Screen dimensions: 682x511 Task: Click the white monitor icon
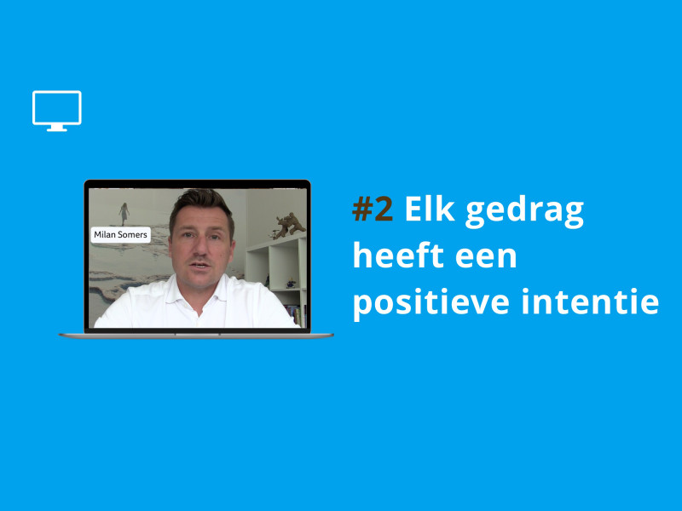57,111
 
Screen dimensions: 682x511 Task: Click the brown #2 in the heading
373,209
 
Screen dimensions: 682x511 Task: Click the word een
486,258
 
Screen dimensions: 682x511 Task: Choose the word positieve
431,303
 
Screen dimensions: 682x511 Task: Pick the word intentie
590,301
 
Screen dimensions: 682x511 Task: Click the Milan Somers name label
121,235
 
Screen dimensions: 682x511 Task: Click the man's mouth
200,265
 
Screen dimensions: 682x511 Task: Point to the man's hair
202,207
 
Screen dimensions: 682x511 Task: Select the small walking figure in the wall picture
124,214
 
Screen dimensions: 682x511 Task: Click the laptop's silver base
196,336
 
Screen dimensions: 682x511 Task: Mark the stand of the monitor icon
57,129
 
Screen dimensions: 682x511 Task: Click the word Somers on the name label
133,235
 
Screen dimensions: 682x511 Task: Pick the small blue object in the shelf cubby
290,284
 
